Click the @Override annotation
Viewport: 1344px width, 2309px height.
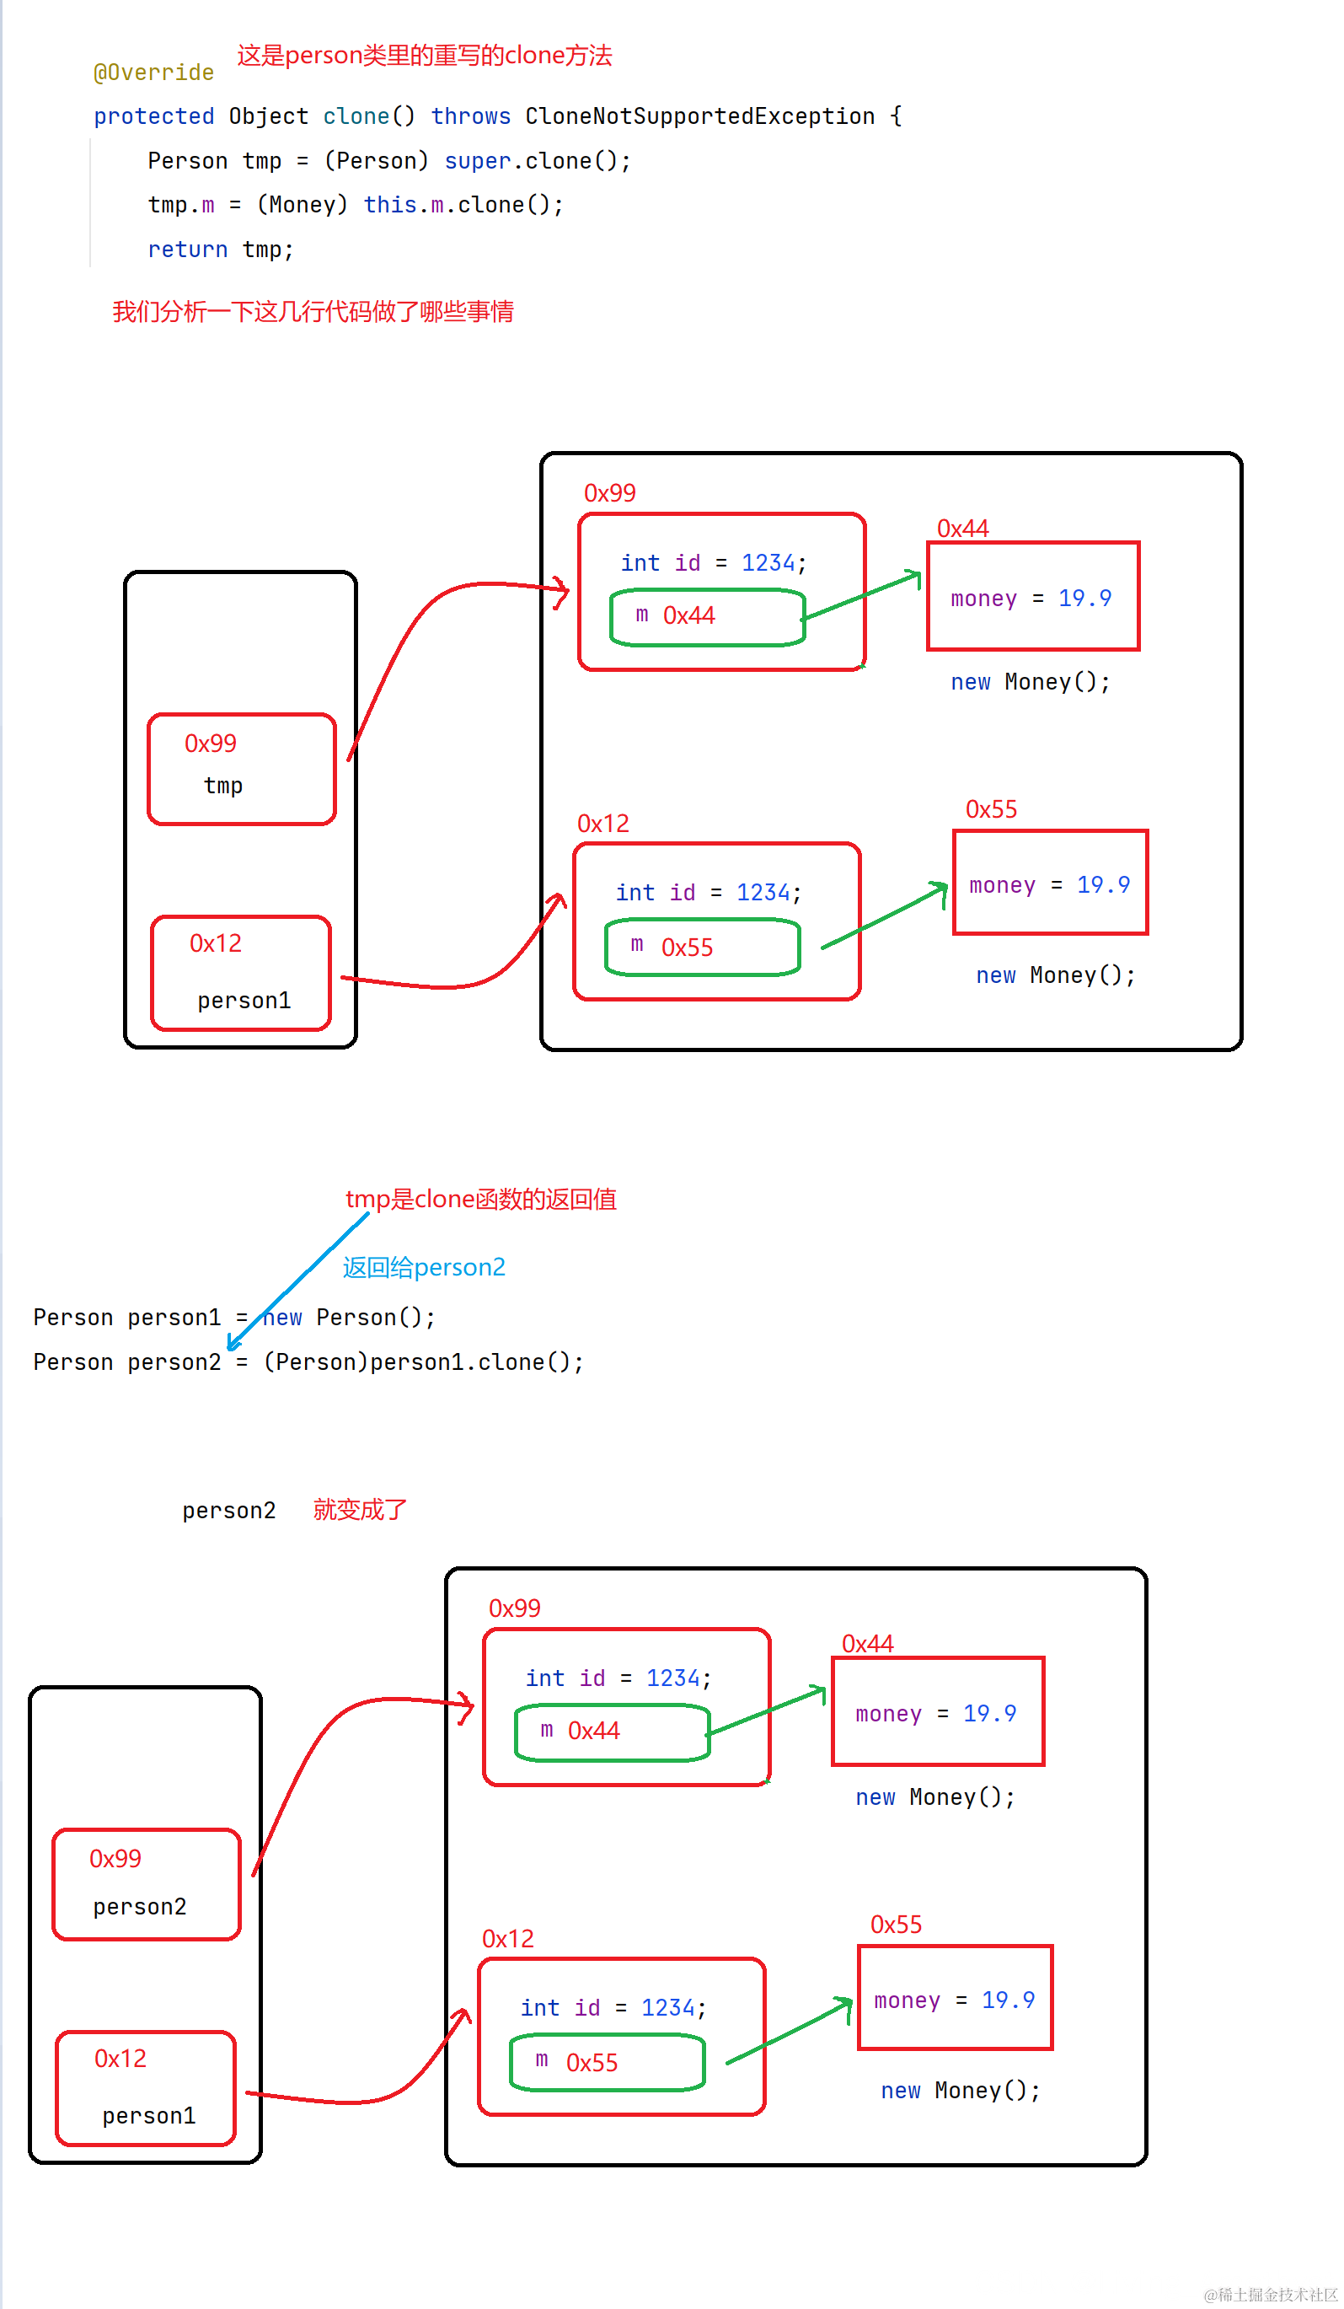pos(154,72)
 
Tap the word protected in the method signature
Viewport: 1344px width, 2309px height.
pos(154,116)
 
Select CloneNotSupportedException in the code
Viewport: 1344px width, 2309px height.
pos(700,116)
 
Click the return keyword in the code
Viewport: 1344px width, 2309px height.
pos(188,250)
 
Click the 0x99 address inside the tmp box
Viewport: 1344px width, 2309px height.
pos(211,743)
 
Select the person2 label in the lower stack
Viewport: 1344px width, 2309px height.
pos(139,1907)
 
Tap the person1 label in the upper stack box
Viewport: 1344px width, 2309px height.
pos(244,1000)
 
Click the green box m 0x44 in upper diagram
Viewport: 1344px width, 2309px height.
pos(707,616)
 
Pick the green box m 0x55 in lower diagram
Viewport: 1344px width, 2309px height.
pos(608,2062)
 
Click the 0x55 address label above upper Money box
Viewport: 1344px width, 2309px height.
pos(991,809)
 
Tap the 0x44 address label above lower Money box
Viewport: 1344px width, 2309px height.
pos(868,1643)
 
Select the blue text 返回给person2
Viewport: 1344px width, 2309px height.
pos(424,1267)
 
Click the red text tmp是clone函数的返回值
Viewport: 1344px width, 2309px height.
pos(481,1200)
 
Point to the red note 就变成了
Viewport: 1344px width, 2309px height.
pos(360,1509)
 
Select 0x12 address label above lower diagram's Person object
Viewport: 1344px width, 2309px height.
pos(507,1938)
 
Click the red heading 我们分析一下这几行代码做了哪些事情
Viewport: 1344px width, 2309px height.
pos(313,312)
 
